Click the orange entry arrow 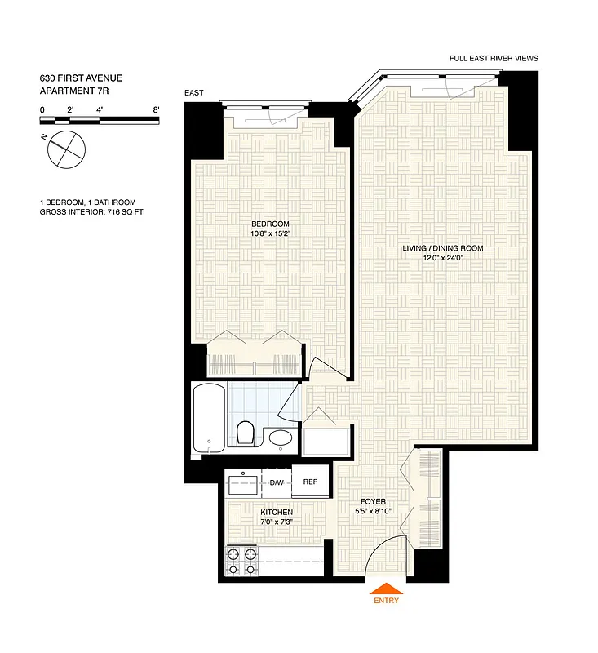pos(388,589)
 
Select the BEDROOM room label pos(269,224)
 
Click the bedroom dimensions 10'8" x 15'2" pos(269,233)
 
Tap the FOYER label pos(373,501)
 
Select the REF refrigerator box pos(310,482)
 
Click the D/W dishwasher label pos(277,483)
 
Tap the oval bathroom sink pos(281,440)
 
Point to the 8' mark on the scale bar pos(155,109)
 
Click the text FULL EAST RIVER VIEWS pos(494,59)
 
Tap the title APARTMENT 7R pos(74,91)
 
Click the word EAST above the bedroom pos(194,93)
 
